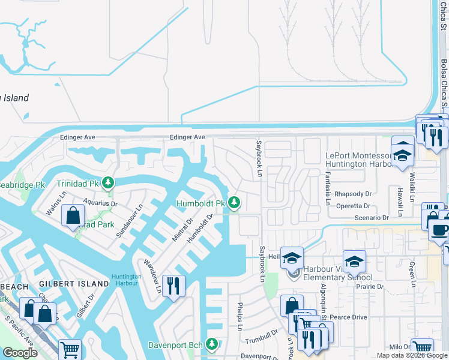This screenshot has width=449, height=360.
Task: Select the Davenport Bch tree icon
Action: pos(211,344)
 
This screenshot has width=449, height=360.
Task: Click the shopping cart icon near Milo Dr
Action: pos(423,347)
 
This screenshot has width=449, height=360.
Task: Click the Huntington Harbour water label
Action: pos(127,280)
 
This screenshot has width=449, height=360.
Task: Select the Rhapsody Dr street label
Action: pos(354,194)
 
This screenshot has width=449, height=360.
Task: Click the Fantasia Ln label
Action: pos(328,189)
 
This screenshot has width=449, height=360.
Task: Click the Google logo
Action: pos(20,353)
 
